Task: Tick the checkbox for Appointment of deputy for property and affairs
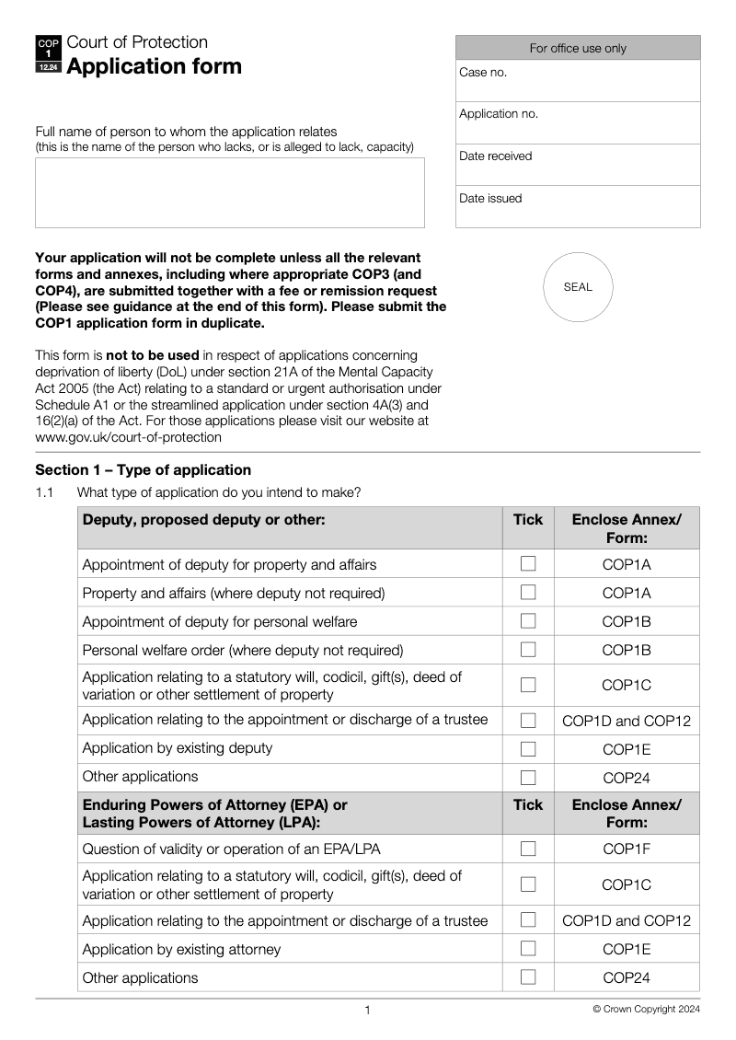(x=528, y=564)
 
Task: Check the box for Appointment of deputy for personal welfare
(x=528, y=621)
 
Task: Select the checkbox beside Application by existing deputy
(x=528, y=748)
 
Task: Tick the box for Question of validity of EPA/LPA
(x=528, y=849)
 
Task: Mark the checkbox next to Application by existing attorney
(x=528, y=949)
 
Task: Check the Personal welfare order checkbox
(x=528, y=650)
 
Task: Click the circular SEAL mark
(x=578, y=287)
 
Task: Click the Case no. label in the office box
(x=483, y=73)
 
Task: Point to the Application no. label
(x=499, y=114)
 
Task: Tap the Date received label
(x=495, y=156)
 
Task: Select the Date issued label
(x=490, y=199)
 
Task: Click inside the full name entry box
(x=230, y=192)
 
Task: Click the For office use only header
(x=578, y=48)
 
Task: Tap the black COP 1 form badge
(x=48, y=55)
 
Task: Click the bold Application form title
(x=155, y=66)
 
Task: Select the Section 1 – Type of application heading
(x=143, y=470)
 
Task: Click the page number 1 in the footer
(x=367, y=1011)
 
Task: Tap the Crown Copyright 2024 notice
(x=646, y=1010)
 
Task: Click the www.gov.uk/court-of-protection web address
(x=128, y=438)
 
